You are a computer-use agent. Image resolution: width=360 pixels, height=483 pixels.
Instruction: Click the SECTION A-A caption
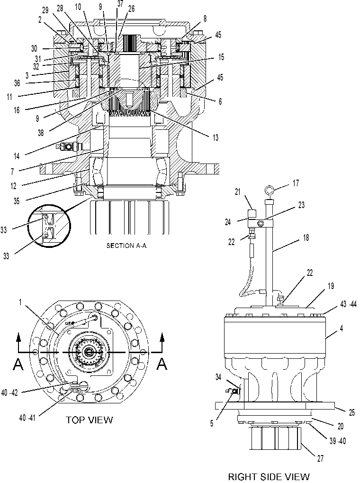(126, 246)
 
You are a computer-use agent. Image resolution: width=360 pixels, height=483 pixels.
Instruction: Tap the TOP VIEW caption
(90, 419)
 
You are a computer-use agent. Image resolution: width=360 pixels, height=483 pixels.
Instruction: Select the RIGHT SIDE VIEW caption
(269, 476)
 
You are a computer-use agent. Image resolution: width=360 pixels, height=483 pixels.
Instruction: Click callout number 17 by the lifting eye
(296, 183)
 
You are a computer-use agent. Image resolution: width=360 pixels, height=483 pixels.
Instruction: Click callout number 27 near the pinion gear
(320, 458)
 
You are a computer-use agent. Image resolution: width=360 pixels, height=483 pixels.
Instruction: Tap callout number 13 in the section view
(215, 137)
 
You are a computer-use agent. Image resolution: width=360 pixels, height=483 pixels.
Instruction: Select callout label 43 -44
(348, 304)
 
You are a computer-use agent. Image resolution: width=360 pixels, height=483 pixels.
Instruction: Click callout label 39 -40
(338, 441)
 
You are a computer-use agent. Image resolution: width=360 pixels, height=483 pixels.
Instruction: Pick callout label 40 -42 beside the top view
(9, 393)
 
